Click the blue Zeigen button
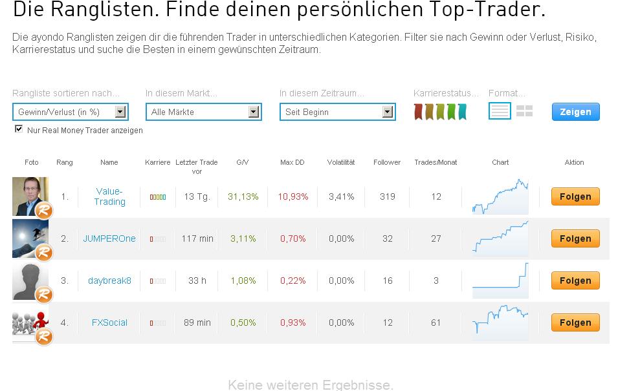[575, 112]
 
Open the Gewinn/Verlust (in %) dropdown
[71, 112]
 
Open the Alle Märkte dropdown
[204, 112]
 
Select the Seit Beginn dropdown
[337, 112]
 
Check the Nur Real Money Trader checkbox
[19, 129]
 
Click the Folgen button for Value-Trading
[575, 196]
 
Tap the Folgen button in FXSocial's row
[575, 322]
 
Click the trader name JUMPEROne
[109, 238]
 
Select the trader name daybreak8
[109, 280]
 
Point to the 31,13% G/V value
[243, 196]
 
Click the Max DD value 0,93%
[292, 322]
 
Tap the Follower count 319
[387, 196]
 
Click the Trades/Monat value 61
[436, 322]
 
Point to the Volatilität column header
[341, 162]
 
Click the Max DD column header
[292, 162]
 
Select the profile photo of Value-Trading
[30, 196]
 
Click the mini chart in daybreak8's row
[500, 280]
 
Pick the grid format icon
[524, 111]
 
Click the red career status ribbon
[419, 112]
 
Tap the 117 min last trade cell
[197, 238]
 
